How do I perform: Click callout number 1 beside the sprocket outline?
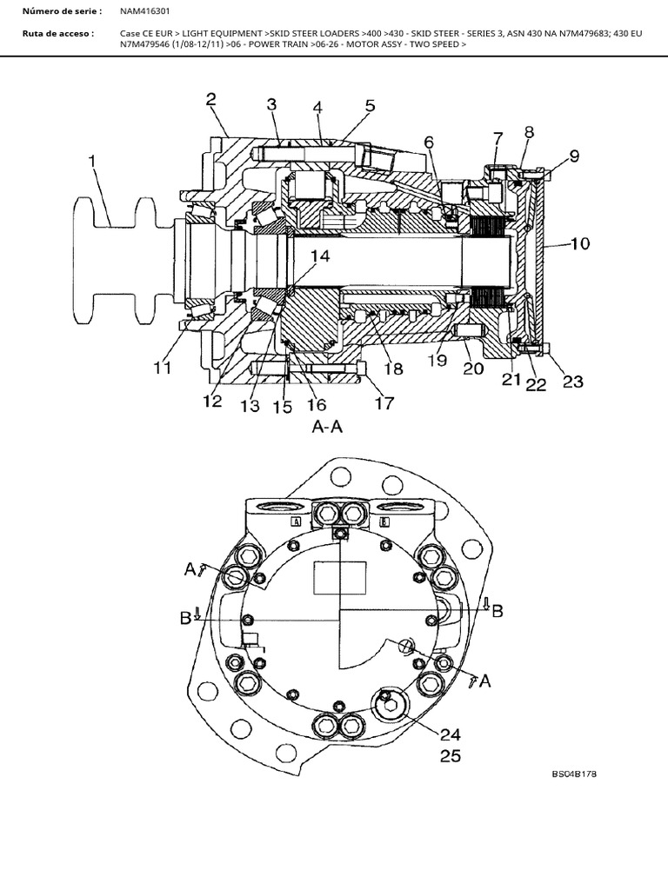[x=93, y=162]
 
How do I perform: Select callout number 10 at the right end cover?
[x=578, y=244]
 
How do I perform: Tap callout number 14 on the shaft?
[x=319, y=256]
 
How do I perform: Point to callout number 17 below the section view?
[x=384, y=402]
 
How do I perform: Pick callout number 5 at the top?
[x=370, y=106]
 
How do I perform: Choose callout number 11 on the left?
[x=163, y=368]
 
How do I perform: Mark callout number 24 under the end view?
[x=450, y=734]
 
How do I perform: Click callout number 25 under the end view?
[x=450, y=755]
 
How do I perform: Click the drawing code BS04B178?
[x=574, y=773]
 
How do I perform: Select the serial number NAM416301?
[x=145, y=11]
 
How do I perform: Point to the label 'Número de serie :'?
[x=62, y=11]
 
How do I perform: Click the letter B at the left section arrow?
[x=185, y=618]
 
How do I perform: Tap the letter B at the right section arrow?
[x=497, y=610]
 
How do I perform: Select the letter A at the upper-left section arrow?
[x=190, y=568]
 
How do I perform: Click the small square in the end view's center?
[x=331, y=578]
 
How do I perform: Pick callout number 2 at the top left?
[x=211, y=99]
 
